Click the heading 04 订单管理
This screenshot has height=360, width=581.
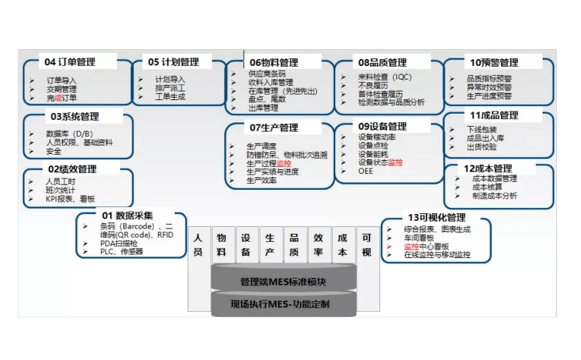tap(70, 62)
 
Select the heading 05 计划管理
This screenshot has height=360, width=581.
tap(173, 62)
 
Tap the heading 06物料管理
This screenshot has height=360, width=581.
tap(273, 62)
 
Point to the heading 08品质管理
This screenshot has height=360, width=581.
tap(382, 62)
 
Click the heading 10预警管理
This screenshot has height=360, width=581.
tap(494, 62)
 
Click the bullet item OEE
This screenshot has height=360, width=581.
tap(365, 171)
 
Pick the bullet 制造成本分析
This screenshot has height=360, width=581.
tap(494, 195)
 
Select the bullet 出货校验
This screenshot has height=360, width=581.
tap(481, 147)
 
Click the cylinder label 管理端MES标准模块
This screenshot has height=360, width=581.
tap(283, 282)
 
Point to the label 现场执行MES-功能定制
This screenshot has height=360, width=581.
tap(283, 304)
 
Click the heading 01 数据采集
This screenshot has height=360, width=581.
tap(127, 216)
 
